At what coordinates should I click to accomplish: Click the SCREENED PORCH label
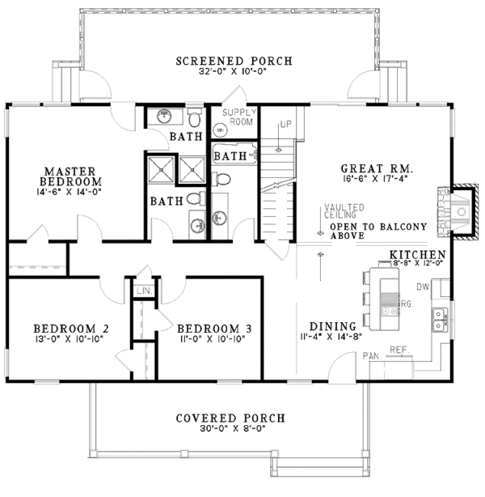pyautogui.click(x=234, y=61)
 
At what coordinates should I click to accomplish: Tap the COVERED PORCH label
pyautogui.click(x=230, y=418)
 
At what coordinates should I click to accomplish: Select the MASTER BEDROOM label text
pyautogui.click(x=72, y=177)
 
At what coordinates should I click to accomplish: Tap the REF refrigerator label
pyautogui.click(x=398, y=349)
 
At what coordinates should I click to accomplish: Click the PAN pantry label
pyautogui.click(x=373, y=355)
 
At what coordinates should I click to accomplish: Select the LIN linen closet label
pyautogui.click(x=144, y=290)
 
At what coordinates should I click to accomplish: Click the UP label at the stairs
pyautogui.click(x=285, y=125)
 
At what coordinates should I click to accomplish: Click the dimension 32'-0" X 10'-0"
pyautogui.click(x=234, y=72)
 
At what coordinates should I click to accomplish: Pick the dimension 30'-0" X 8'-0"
pyautogui.click(x=230, y=431)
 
